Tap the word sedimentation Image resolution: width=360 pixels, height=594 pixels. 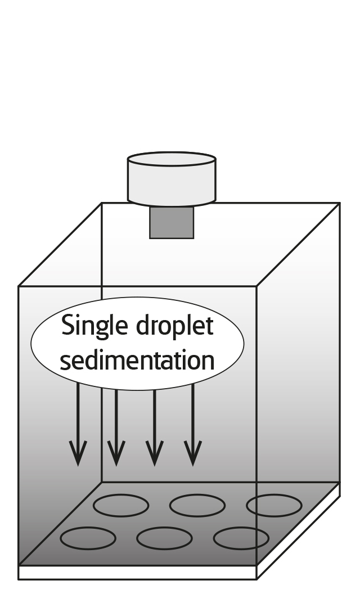[137, 360]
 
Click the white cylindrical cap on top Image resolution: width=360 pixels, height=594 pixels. [172, 177]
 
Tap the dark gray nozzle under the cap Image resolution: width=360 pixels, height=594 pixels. [172, 222]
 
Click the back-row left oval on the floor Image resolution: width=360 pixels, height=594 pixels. [120, 505]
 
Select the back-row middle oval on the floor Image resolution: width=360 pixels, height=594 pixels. [197, 505]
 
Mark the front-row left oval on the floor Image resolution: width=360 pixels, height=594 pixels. [88, 538]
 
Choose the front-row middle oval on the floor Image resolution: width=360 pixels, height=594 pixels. [164, 538]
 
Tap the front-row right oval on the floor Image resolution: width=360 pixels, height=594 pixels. [241, 538]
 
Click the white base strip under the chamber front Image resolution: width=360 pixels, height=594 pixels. [137, 572]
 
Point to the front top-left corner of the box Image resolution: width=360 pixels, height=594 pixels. [19, 286]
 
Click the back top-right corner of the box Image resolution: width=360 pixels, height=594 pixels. [340, 203]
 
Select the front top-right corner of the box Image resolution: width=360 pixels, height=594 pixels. [256, 286]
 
